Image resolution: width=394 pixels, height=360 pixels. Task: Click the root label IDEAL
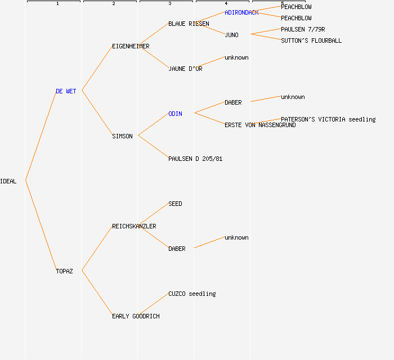point(8,181)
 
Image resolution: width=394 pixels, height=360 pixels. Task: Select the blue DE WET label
point(66,91)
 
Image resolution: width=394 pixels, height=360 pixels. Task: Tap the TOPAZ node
point(64,271)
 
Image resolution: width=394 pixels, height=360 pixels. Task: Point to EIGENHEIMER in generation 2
point(131,46)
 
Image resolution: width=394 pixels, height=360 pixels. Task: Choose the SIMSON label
point(122,136)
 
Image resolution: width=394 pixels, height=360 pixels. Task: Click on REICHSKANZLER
point(134,226)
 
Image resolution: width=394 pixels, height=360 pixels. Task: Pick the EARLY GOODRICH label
point(136,316)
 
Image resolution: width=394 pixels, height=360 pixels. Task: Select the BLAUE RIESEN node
point(189,24)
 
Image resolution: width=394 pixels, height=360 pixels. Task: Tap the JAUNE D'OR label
point(185,69)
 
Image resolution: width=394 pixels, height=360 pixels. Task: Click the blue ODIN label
point(175,114)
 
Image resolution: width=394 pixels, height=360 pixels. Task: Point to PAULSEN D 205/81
point(195,159)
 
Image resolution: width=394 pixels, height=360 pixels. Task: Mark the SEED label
point(175,204)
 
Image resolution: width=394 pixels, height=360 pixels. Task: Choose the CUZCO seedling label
point(192,294)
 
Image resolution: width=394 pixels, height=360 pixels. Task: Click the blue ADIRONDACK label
point(241,12)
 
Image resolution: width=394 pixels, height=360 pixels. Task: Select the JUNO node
point(231,35)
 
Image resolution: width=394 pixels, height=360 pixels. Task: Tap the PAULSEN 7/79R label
point(303,29)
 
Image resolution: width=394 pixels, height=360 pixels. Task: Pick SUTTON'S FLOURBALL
point(311,40)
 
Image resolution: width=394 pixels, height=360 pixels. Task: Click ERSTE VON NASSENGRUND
point(260,125)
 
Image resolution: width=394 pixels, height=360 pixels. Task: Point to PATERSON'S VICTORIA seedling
point(328,119)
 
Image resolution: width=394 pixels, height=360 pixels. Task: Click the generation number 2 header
point(113,4)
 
